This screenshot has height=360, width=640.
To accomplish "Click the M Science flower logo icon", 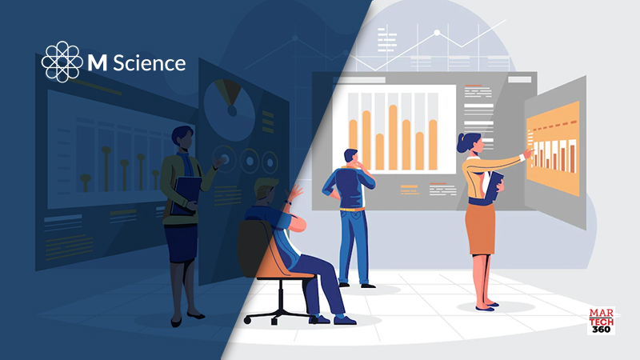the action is click(62, 62).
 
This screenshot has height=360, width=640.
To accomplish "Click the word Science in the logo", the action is click(149, 63).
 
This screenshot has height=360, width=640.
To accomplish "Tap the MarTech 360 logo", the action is click(602, 321).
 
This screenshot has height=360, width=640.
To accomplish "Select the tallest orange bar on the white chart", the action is click(393, 137).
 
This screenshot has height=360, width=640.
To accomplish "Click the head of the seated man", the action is click(266, 190).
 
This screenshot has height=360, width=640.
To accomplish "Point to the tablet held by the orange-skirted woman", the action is click(494, 186).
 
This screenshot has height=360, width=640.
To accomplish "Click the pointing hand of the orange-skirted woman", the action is click(529, 153).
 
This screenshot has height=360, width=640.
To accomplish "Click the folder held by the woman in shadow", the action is click(186, 195).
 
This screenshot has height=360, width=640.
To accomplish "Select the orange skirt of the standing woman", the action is click(480, 229).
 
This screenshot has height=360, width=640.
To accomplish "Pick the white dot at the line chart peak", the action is click(437, 33).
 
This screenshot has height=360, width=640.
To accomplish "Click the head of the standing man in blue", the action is click(351, 157).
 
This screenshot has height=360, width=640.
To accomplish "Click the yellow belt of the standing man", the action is click(352, 210).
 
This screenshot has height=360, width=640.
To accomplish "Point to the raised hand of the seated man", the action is click(294, 192).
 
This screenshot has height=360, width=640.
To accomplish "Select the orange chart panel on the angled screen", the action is click(554, 149).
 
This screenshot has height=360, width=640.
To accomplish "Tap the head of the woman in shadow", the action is click(182, 138).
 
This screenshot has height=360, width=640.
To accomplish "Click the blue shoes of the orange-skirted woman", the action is click(487, 306).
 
